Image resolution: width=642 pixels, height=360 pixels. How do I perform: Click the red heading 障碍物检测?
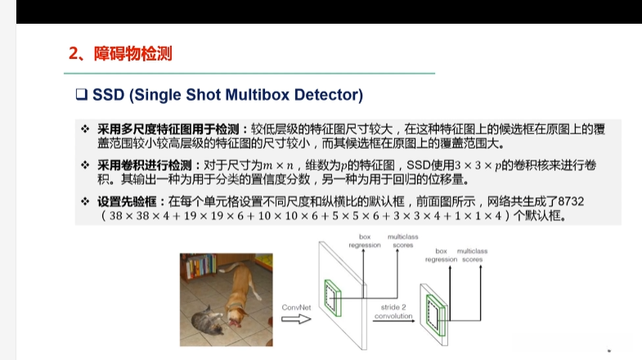(133, 54)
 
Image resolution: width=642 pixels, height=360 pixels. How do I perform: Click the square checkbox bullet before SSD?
(82, 95)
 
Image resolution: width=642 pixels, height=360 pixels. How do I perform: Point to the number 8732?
(571, 201)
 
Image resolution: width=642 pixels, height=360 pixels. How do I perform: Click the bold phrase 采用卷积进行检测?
(145, 165)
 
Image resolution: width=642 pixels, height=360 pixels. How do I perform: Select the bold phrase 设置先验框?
(127, 201)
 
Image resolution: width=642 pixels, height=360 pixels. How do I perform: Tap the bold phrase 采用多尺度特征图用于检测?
(168, 129)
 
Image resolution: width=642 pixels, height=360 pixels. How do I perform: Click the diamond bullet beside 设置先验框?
(85, 201)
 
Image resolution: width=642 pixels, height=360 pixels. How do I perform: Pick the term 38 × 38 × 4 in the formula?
(139, 216)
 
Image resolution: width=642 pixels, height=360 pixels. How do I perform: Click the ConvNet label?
(296, 307)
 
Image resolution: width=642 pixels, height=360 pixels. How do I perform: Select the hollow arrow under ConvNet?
(296, 318)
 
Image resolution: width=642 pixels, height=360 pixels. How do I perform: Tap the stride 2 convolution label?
(393, 311)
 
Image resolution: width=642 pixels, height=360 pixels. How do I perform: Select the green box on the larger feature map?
(333, 298)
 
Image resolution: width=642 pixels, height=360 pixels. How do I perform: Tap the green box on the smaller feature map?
(436, 315)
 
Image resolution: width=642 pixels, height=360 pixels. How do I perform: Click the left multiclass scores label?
(403, 241)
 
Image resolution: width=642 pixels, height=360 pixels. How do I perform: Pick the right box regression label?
(441, 255)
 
